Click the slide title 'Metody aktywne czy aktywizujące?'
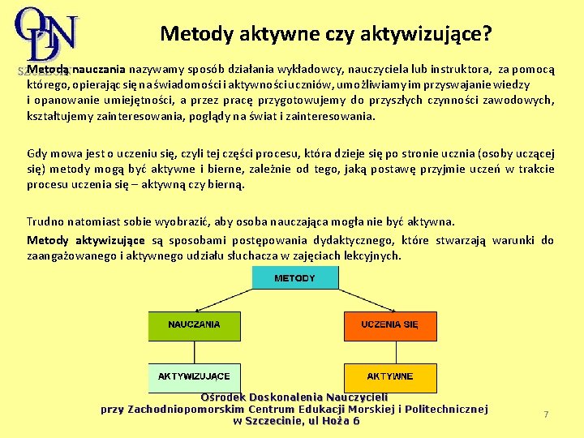point(325,33)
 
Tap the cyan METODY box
point(294,278)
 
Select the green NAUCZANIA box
point(194,325)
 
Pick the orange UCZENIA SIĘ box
point(390,325)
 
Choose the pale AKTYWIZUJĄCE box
point(194,376)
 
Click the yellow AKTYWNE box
point(390,376)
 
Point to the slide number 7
point(546,414)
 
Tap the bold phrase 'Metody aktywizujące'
point(86,240)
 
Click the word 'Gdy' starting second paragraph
point(36,152)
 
